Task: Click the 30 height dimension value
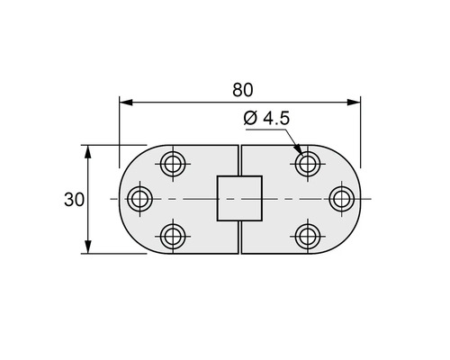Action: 74,199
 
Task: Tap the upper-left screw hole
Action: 172,164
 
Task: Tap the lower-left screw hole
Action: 172,236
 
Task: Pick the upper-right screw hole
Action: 308,164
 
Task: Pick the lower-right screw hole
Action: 308,236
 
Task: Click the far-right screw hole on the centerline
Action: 340,199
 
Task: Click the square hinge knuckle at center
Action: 239,199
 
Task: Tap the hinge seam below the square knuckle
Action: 239,238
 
